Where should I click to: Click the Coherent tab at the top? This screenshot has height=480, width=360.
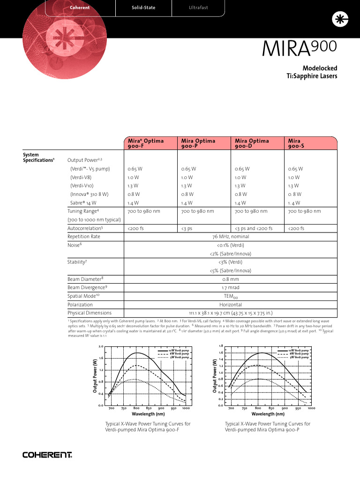pyautogui.click(x=79, y=7)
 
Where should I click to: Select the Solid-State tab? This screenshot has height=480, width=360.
pyautogui.click(x=143, y=7)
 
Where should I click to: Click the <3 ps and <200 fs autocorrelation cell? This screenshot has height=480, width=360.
pyautogui.click(x=253, y=228)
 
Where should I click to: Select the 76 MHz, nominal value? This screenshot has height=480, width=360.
pyautogui.click(x=230, y=237)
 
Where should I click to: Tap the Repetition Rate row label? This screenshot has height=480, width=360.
pyautogui.click(x=84, y=237)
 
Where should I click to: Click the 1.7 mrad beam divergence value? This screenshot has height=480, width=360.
pyautogui.click(x=230, y=287)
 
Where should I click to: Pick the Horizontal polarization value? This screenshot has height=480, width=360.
pyautogui.click(x=230, y=304)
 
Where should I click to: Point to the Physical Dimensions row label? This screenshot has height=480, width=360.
pyautogui.click(x=90, y=313)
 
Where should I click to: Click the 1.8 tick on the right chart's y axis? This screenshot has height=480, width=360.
pyautogui.click(x=221, y=345)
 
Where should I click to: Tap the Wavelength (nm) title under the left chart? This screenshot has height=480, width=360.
pyautogui.click(x=148, y=414)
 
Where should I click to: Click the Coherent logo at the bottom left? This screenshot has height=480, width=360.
pyautogui.click(x=47, y=455)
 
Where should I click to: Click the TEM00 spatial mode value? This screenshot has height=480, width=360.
pyautogui.click(x=230, y=296)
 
